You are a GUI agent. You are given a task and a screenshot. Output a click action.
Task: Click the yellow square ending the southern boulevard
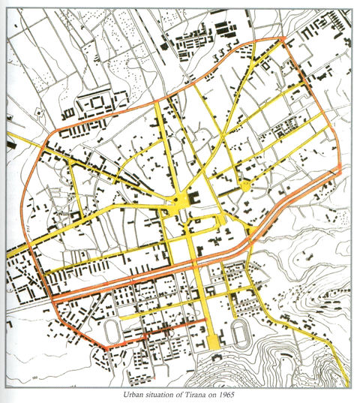click(x=213, y=341)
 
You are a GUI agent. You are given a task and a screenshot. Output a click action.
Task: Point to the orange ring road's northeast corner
click(x=284, y=39)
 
